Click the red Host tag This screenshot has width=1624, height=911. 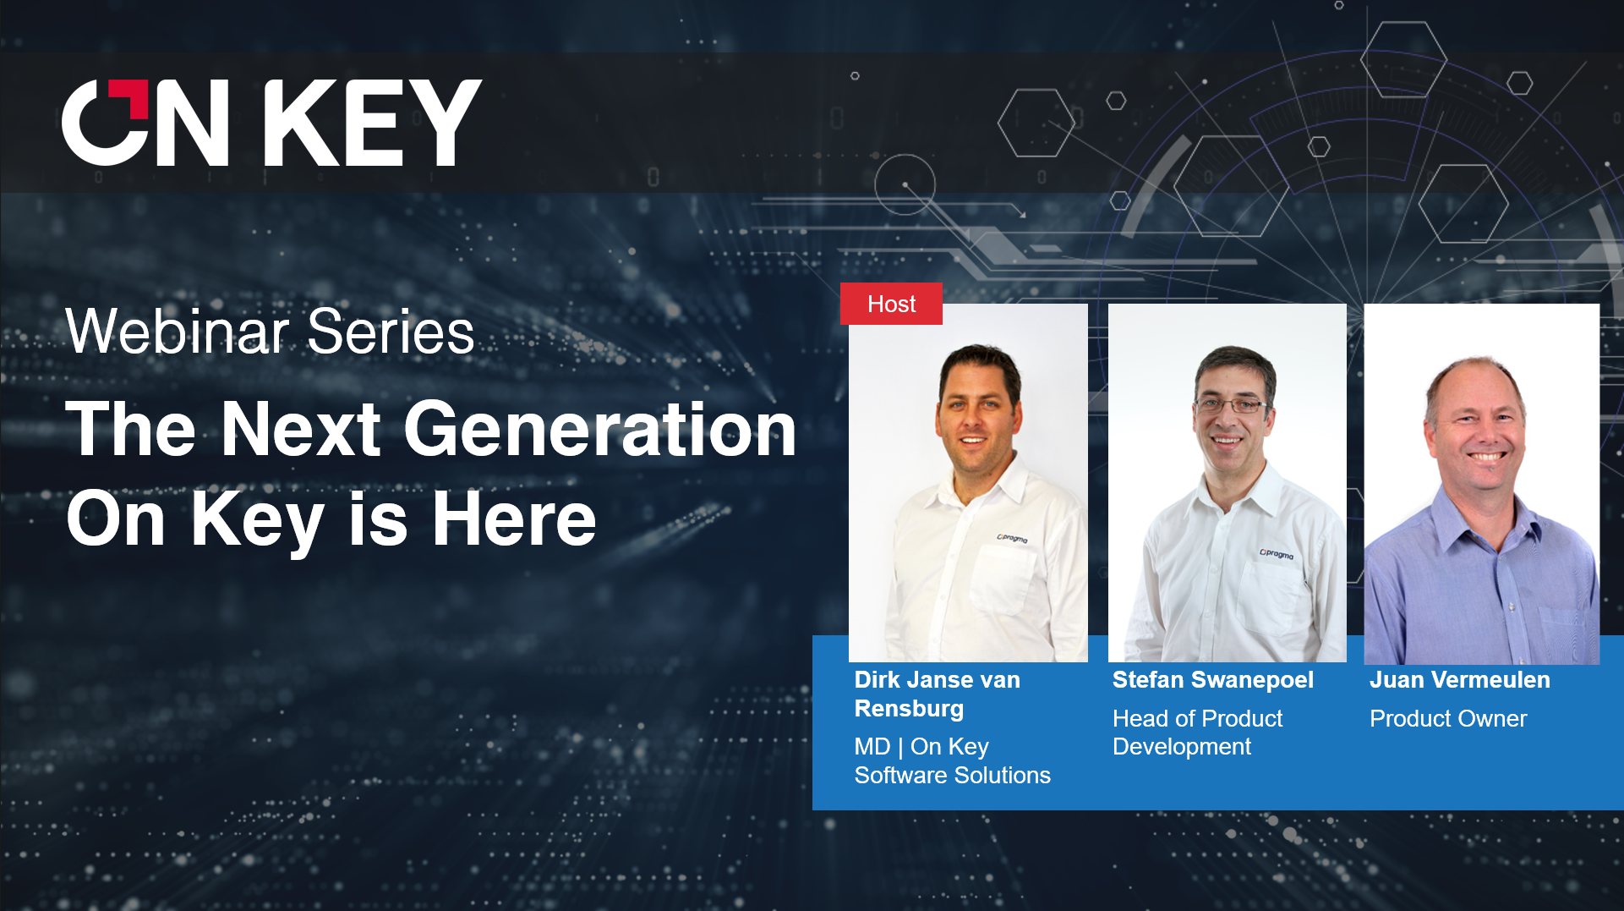(891, 304)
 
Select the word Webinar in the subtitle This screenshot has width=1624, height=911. (178, 332)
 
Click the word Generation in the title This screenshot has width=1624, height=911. (600, 430)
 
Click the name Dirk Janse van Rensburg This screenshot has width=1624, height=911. (937, 694)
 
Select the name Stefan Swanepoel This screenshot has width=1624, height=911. (1212, 679)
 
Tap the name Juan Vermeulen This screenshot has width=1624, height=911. (1459, 679)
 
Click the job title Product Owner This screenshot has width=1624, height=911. (1447, 718)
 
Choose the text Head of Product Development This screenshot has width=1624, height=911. (1196, 733)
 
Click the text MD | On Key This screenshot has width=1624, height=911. (921, 746)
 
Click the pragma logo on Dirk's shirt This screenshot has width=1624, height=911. (1012, 538)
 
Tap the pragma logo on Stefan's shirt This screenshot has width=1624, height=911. (1277, 554)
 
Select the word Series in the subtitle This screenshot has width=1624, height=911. (391, 332)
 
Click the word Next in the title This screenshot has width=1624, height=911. (300, 430)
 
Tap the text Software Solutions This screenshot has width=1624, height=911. (952, 775)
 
